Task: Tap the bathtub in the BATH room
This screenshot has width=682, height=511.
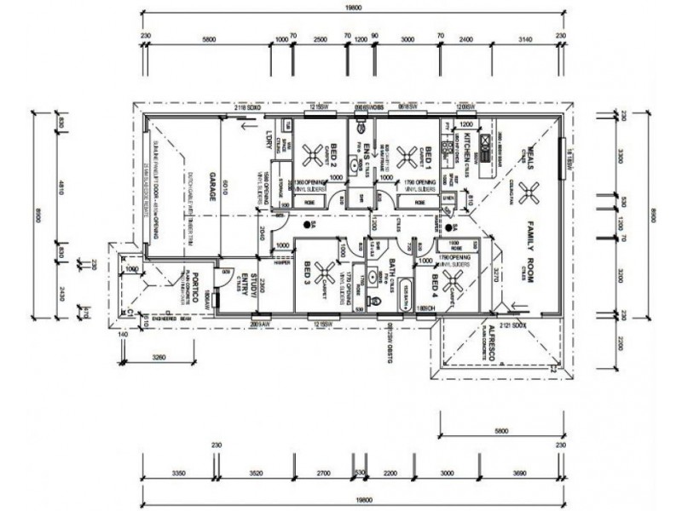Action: [x=403, y=290]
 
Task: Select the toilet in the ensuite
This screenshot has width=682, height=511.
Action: [x=363, y=129]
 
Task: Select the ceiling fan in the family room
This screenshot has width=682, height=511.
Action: [x=522, y=191]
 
